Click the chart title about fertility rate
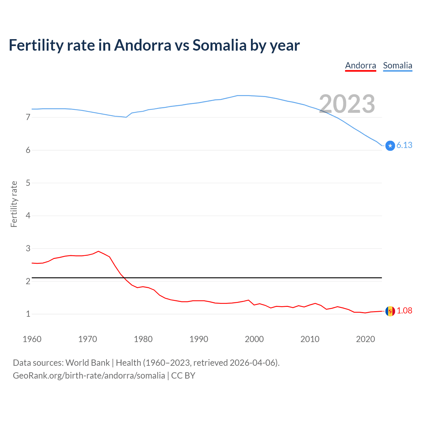click(154, 45)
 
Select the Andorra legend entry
click(360, 65)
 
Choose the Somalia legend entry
click(397, 65)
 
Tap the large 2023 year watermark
click(347, 104)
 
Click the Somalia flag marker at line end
click(390, 145)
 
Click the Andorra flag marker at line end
click(390, 311)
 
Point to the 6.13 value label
click(404, 145)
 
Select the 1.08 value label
click(404, 311)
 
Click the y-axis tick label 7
click(28, 117)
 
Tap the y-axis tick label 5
click(28, 183)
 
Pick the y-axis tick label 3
click(28, 249)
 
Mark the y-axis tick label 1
click(28, 314)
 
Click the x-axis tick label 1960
click(32, 339)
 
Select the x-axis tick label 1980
click(143, 339)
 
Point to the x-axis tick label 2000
click(254, 339)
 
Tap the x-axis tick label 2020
click(365, 339)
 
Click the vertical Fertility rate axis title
click(14, 204)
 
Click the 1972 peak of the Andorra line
click(98, 251)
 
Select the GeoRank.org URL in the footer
click(89, 376)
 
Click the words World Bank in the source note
click(87, 363)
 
